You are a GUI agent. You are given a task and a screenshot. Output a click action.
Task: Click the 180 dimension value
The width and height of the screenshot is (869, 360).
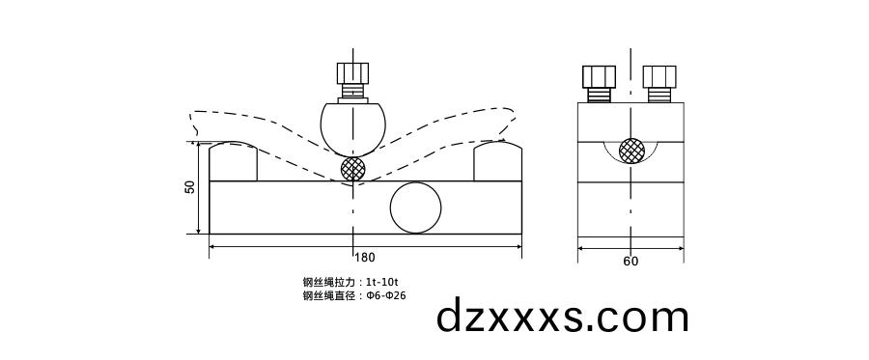click(x=365, y=258)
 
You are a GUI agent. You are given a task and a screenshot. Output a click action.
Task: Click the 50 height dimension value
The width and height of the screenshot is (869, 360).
click(x=190, y=187)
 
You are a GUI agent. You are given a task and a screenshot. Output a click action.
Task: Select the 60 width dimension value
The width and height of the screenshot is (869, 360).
click(x=631, y=261)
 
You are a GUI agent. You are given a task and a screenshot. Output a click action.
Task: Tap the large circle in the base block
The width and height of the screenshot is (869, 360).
click(x=415, y=208)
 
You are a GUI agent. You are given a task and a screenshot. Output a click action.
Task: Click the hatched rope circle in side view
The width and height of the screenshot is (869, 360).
click(x=631, y=150)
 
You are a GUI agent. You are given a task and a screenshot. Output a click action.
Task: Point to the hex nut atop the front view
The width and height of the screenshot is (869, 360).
click(x=352, y=73)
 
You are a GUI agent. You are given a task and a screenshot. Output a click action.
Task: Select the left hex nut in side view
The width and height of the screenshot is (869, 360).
click(x=599, y=76)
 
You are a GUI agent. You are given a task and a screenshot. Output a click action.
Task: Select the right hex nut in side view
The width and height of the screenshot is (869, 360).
click(x=660, y=76)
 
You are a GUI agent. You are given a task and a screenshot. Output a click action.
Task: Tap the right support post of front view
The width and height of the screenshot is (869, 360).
click(x=497, y=161)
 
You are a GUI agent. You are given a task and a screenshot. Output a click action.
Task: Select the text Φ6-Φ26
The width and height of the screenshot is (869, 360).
click(x=384, y=295)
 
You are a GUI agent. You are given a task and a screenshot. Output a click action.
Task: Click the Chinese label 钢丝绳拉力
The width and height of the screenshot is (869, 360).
click(x=328, y=282)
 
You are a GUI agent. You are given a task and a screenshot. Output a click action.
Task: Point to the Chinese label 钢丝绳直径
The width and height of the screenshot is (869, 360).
click(x=328, y=295)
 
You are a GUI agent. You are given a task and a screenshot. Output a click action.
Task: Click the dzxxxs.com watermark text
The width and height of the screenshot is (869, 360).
click(x=563, y=317)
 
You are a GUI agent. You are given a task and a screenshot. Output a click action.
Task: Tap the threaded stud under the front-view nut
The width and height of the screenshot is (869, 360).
click(x=352, y=93)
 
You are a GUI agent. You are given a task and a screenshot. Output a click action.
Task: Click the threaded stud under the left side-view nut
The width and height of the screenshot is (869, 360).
click(x=599, y=95)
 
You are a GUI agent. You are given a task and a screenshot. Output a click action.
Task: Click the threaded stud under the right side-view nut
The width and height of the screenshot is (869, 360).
click(x=660, y=95)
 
